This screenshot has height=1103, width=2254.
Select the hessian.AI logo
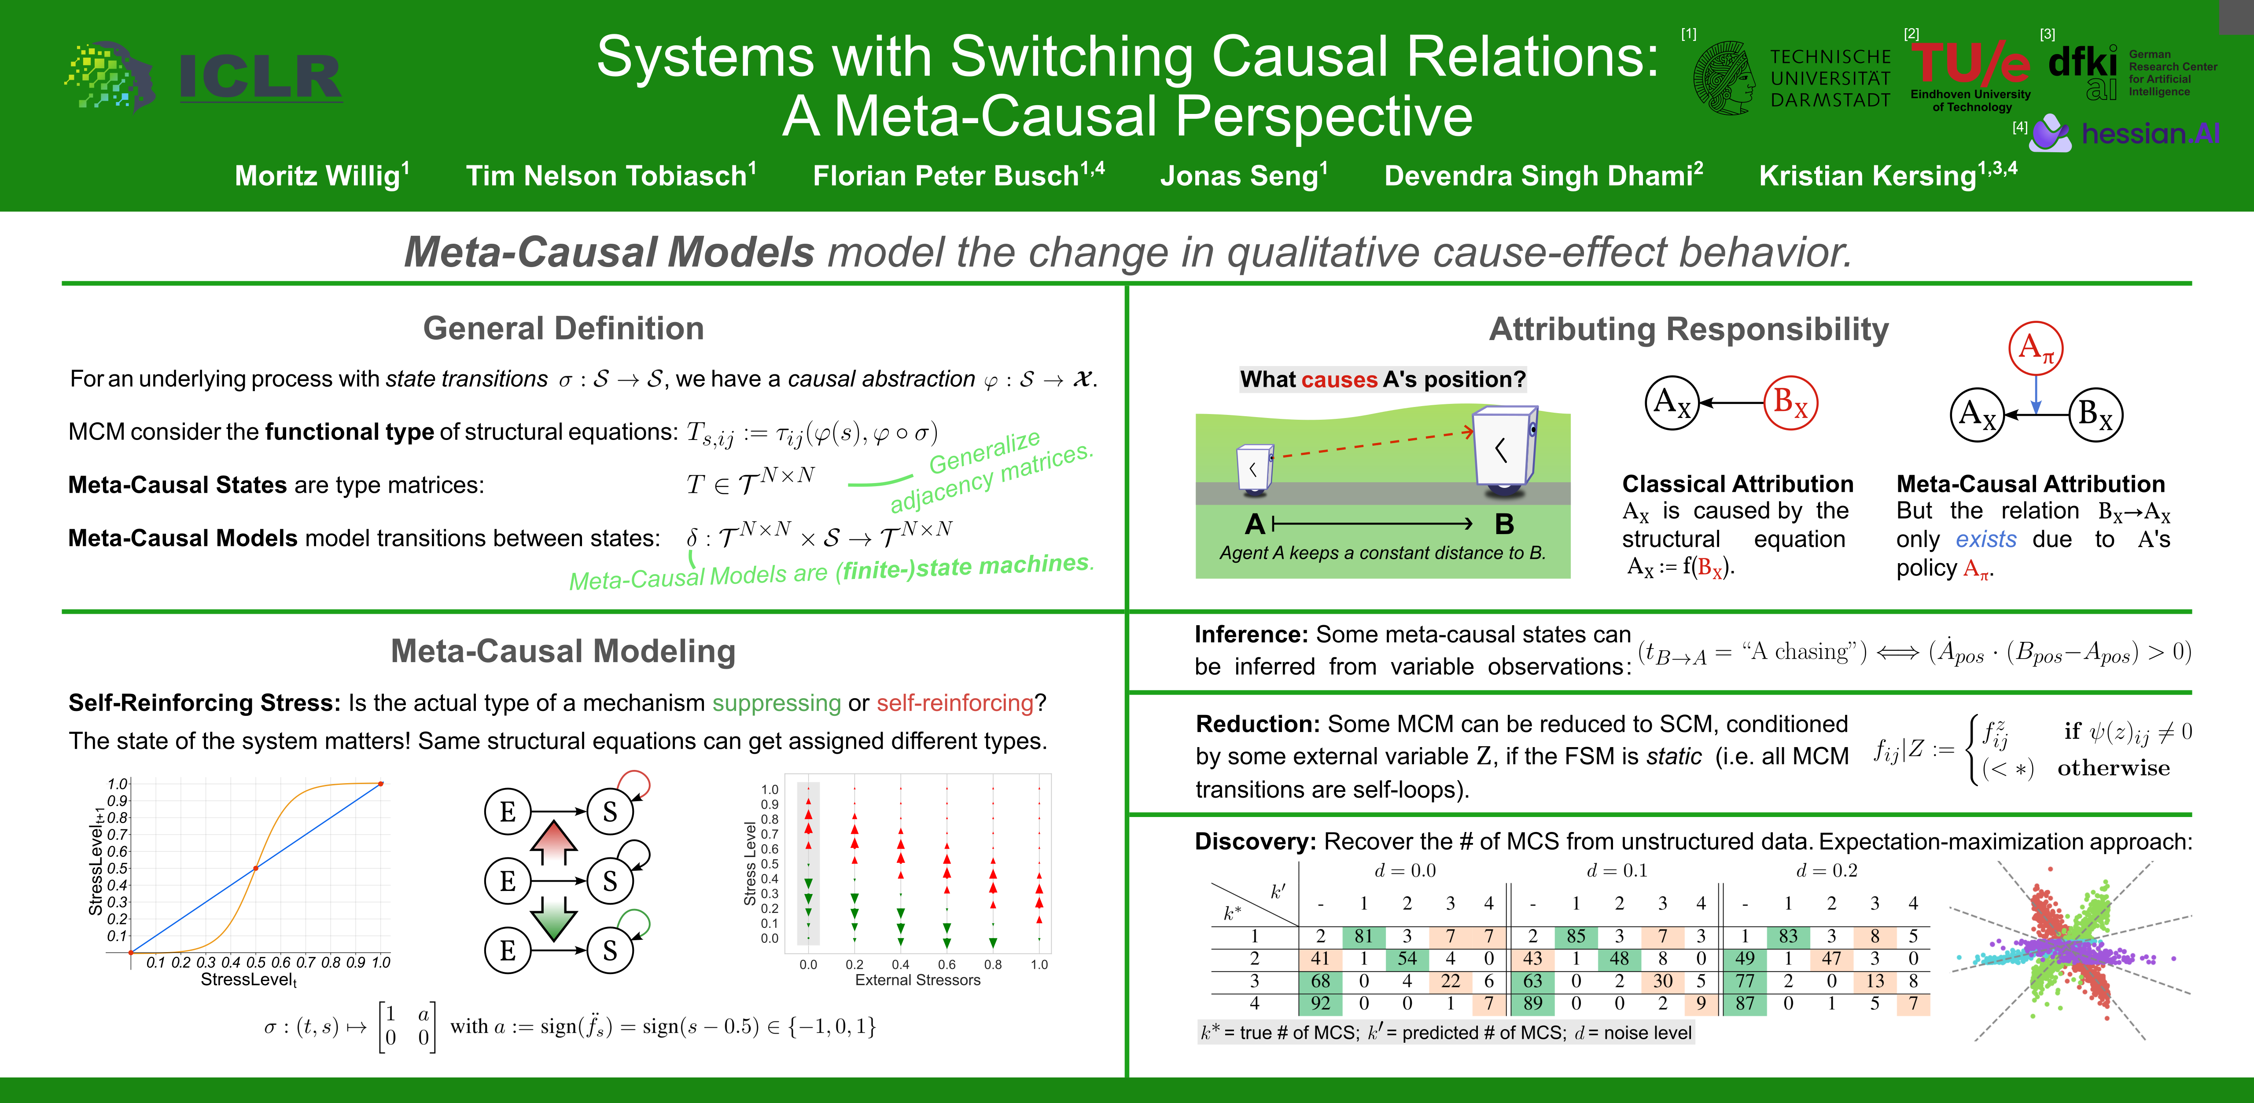pos(2126,133)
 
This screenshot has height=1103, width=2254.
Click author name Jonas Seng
pos(1242,176)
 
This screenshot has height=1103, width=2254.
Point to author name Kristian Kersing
pos(1887,176)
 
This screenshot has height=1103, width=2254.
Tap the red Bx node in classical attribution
pos(1790,403)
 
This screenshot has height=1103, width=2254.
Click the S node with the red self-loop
pos(610,812)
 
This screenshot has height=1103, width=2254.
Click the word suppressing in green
pos(776,703)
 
